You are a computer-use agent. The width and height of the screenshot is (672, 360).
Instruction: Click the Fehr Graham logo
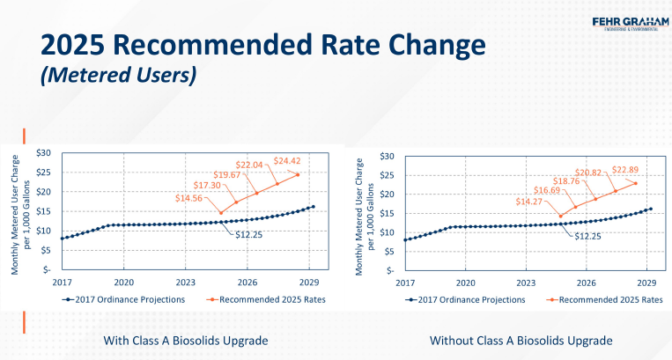[x=618, y=23]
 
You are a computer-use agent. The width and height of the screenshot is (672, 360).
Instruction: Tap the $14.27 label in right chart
[x=540, y=202]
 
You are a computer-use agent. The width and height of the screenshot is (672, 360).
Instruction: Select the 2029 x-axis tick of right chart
[x=646, y=283]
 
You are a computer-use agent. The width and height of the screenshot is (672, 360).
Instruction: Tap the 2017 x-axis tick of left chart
[x=61, y=282]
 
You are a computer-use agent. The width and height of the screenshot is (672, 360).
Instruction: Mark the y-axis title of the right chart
[x=364, y=211]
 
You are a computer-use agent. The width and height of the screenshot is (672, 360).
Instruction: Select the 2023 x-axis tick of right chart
[x=526, y=283]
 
